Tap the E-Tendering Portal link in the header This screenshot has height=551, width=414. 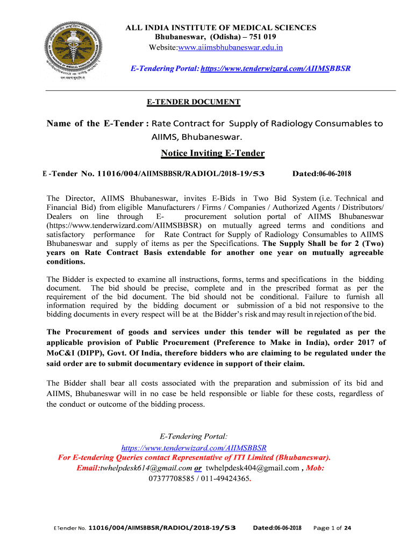(x=275, y=69)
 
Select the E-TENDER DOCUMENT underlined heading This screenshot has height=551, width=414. (x=194, y=102)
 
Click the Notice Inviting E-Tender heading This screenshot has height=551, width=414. (x=212, y=153)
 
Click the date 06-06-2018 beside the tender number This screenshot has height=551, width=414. (x=334, y=174)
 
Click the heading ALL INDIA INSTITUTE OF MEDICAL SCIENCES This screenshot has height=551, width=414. (x=220, y=27)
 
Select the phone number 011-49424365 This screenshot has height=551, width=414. (x=228, y=477)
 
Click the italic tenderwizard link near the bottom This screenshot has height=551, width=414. (x=194, y=448)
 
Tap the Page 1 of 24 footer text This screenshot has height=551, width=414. (x=332, y=528)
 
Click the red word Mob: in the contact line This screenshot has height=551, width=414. (x=315, y=468)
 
